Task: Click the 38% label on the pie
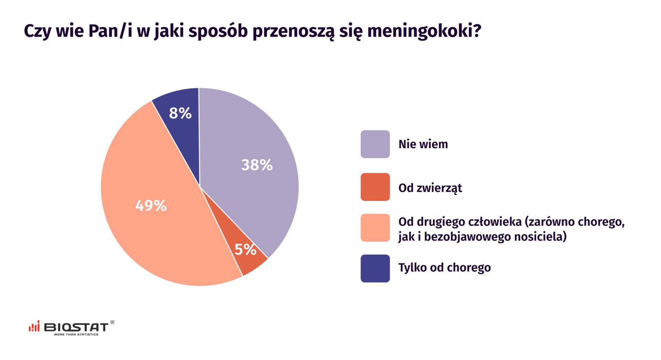(257, 165)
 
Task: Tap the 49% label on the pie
(151, 206)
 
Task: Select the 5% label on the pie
(245, 249)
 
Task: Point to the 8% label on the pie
(180, 113)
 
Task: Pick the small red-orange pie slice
(241, 262)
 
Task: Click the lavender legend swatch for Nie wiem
(375, 144)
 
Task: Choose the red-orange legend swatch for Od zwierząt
(375, 187)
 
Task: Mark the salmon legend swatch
(375, 228)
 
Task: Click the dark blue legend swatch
(375, 268)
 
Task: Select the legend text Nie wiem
(423, 144)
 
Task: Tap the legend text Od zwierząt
(430, 188)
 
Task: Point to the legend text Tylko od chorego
(444, 268)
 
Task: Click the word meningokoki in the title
(424, 32)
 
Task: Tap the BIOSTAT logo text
(76, 327)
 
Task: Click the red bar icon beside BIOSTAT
(34, 327)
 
